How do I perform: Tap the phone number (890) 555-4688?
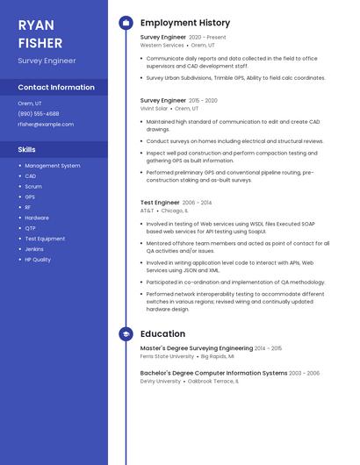[39, 113]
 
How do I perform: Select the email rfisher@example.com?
[46, 125]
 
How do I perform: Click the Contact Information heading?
[56, 88]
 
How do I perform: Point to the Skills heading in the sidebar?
[26, 149]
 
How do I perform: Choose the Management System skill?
[52, 166]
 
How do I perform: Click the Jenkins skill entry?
[35, 249]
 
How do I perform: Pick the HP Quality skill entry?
[38, 260]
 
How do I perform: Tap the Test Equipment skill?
[45, 239]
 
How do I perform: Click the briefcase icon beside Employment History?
[126, 23]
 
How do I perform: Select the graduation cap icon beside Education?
[126, 334]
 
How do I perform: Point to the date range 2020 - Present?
[207, 38]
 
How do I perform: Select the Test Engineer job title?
[160, 203]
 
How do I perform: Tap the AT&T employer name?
[147, 211]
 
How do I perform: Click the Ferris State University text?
[167, 357]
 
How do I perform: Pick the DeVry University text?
[161, 382]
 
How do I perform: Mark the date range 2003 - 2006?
[305, 373]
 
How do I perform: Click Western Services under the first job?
[162, 45]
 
